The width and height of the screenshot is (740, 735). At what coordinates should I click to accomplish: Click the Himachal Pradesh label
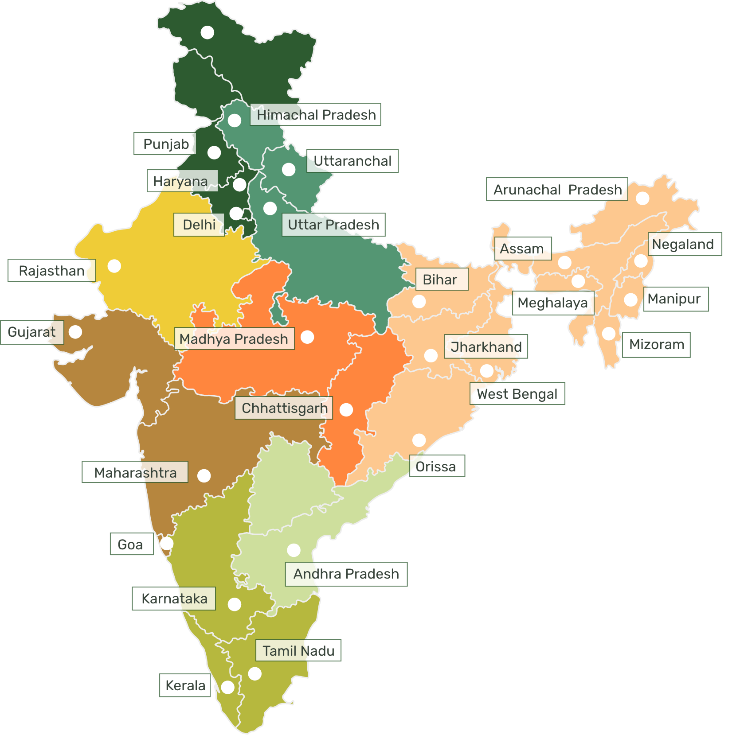[x=316, y=115]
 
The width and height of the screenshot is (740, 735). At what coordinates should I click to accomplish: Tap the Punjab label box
[x=165, y=144]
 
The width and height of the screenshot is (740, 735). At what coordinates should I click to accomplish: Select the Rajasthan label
[x=52, y=270]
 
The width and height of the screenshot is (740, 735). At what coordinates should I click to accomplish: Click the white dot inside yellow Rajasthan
[x=114, y=266]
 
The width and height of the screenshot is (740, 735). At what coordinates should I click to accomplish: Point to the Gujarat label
[x=32, y=332]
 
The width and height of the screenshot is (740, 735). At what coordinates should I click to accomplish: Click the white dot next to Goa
[x=167, y=543]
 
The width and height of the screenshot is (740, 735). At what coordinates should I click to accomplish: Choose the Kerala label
[x=185, y=685]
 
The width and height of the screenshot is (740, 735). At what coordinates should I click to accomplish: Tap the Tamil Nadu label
[x=298, y=650]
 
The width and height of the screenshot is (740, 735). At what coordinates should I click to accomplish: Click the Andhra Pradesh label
[x=346, y=574]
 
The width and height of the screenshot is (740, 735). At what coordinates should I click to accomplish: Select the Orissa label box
[x=437, y=466]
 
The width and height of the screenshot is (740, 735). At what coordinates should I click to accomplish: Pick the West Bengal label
[x=517, y=393]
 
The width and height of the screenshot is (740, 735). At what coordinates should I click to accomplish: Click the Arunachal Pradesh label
[x=557, y=190]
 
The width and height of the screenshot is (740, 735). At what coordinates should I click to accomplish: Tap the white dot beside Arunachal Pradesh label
[x=642, y=198]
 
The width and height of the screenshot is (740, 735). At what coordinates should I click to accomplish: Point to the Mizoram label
[x=656, y=344]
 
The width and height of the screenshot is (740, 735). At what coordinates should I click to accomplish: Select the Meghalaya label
[x=553, y=303]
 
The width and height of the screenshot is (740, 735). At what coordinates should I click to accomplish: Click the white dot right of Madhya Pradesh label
[x=307, y=337]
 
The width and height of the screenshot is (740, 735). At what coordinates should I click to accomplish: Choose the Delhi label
[x=199, y=225]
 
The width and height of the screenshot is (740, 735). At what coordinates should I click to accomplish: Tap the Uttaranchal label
[x=352, y=161]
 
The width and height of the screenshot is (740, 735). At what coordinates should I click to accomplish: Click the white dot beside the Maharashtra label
[x=204, y=476]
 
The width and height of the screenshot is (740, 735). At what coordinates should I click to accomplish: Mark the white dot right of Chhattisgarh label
[x=346, y=410]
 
